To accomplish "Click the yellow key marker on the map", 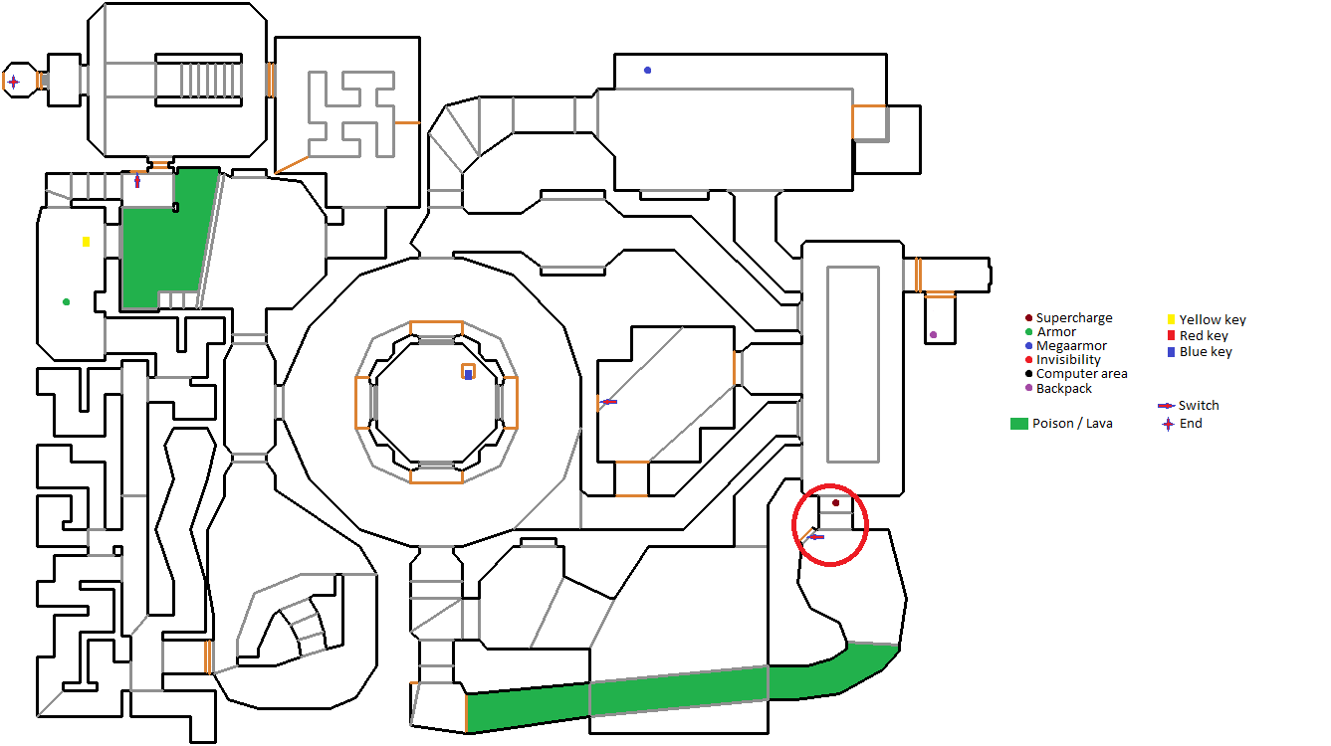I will [x=87, y=242].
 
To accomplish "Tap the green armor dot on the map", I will [x=66, y=301].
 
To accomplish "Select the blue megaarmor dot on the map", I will [x=647, y=70].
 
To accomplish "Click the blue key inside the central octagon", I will [x=468, y=374].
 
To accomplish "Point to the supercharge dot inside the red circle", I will [x=835, y=503].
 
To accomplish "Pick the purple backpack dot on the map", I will [x=933, y=334].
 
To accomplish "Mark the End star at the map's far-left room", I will [x=13, y=82].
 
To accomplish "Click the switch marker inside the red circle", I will [x=815, y=537].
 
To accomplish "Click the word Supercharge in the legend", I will [x=1074, y=318].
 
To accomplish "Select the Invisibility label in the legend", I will [x=1068, y=360].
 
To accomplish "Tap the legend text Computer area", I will [x=1081, y=374].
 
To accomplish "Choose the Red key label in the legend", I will [x=1204, y=336].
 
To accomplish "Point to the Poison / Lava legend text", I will [x=1072, y=424].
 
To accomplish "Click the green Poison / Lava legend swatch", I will [x=1018, y=424].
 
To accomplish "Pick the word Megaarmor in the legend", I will [x=1071, y=346].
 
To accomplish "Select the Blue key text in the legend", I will [x=1206, y=352].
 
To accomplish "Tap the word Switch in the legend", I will [x=1199, y=406].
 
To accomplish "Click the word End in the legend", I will [x=1191, y=424].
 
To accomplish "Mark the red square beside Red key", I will [x=1171, y=335].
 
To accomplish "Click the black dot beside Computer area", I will [x=1028, y=374].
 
